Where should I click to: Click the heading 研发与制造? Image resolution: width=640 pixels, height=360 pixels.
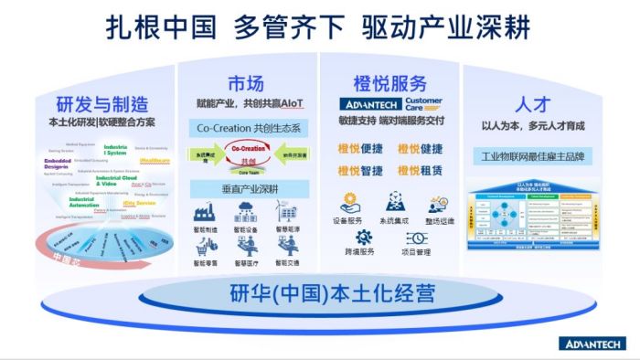(102, 102)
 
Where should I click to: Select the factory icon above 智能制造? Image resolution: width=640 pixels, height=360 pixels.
(206, 211)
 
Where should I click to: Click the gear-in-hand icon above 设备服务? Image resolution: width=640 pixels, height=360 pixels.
(348, 201)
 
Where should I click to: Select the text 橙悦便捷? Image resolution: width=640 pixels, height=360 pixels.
(360, 149)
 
